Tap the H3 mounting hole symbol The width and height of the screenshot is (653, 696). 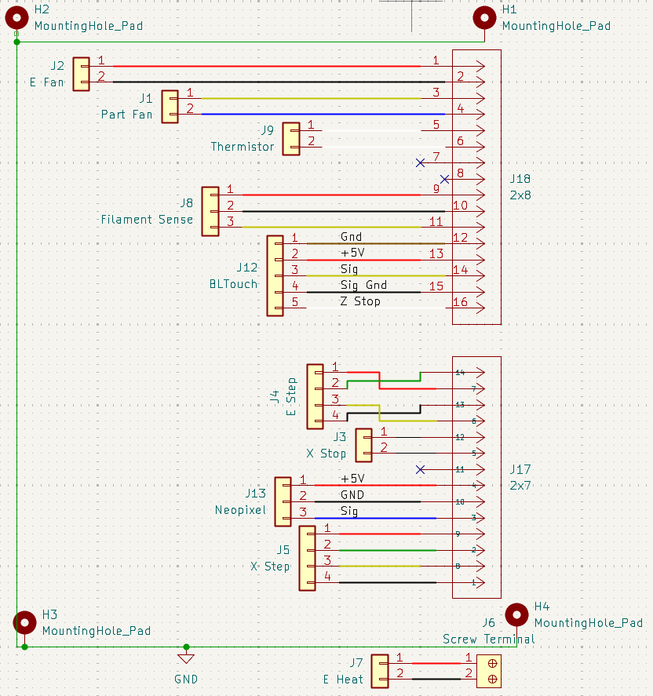coord(26,622)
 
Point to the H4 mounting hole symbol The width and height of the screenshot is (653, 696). coord(516,614)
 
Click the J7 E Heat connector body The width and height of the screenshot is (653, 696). coord(380,671)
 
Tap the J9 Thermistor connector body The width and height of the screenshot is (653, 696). coord(291,138)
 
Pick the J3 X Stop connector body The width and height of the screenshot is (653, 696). coord(364,445)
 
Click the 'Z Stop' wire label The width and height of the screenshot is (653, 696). coord(360,301)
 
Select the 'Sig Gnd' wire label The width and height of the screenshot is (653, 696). coord(363,286)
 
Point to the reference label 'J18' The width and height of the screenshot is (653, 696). coord(520,179)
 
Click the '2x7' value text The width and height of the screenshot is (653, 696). coord(520,486)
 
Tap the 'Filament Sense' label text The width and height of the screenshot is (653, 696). coord(147,220)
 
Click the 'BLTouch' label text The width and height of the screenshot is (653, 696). coord(233,284)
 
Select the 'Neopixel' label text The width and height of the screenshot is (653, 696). coord(240,510)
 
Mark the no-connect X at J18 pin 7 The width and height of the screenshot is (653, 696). coord(421,162)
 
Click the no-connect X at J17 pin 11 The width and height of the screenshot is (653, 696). coord(421,469)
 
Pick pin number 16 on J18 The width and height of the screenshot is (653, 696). coord(460,303)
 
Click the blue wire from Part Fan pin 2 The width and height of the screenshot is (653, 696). coord(314,115)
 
